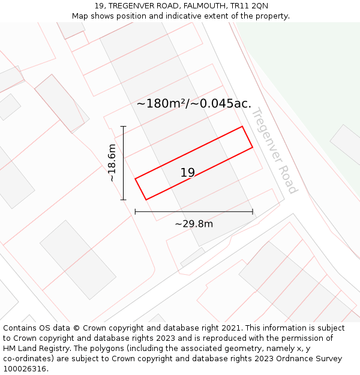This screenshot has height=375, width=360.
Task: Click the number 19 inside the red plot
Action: [188, 173]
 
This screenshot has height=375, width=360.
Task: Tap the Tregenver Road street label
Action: [274, 151]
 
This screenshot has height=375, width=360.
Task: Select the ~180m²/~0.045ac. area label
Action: [194, 103]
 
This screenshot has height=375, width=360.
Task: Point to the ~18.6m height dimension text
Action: [112, 163]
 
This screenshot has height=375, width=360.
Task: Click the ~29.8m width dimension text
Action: [194, 224]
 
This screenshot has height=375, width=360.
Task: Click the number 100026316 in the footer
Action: [25, 369]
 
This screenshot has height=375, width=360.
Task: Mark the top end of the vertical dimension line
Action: [124, 126]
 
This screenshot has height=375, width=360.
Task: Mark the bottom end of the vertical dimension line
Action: [124, 200]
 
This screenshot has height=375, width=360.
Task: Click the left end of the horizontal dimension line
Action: [136, 211]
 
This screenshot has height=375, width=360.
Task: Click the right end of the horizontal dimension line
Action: [253, 211]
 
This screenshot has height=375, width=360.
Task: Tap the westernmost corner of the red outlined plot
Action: [135, 178]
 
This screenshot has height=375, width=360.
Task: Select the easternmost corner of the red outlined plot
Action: [253, 147]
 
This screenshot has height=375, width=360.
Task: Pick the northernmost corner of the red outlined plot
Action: [242, 126]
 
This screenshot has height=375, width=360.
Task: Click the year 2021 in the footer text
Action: [231, 328]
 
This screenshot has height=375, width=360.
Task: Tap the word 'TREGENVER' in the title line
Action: [131, 6]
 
